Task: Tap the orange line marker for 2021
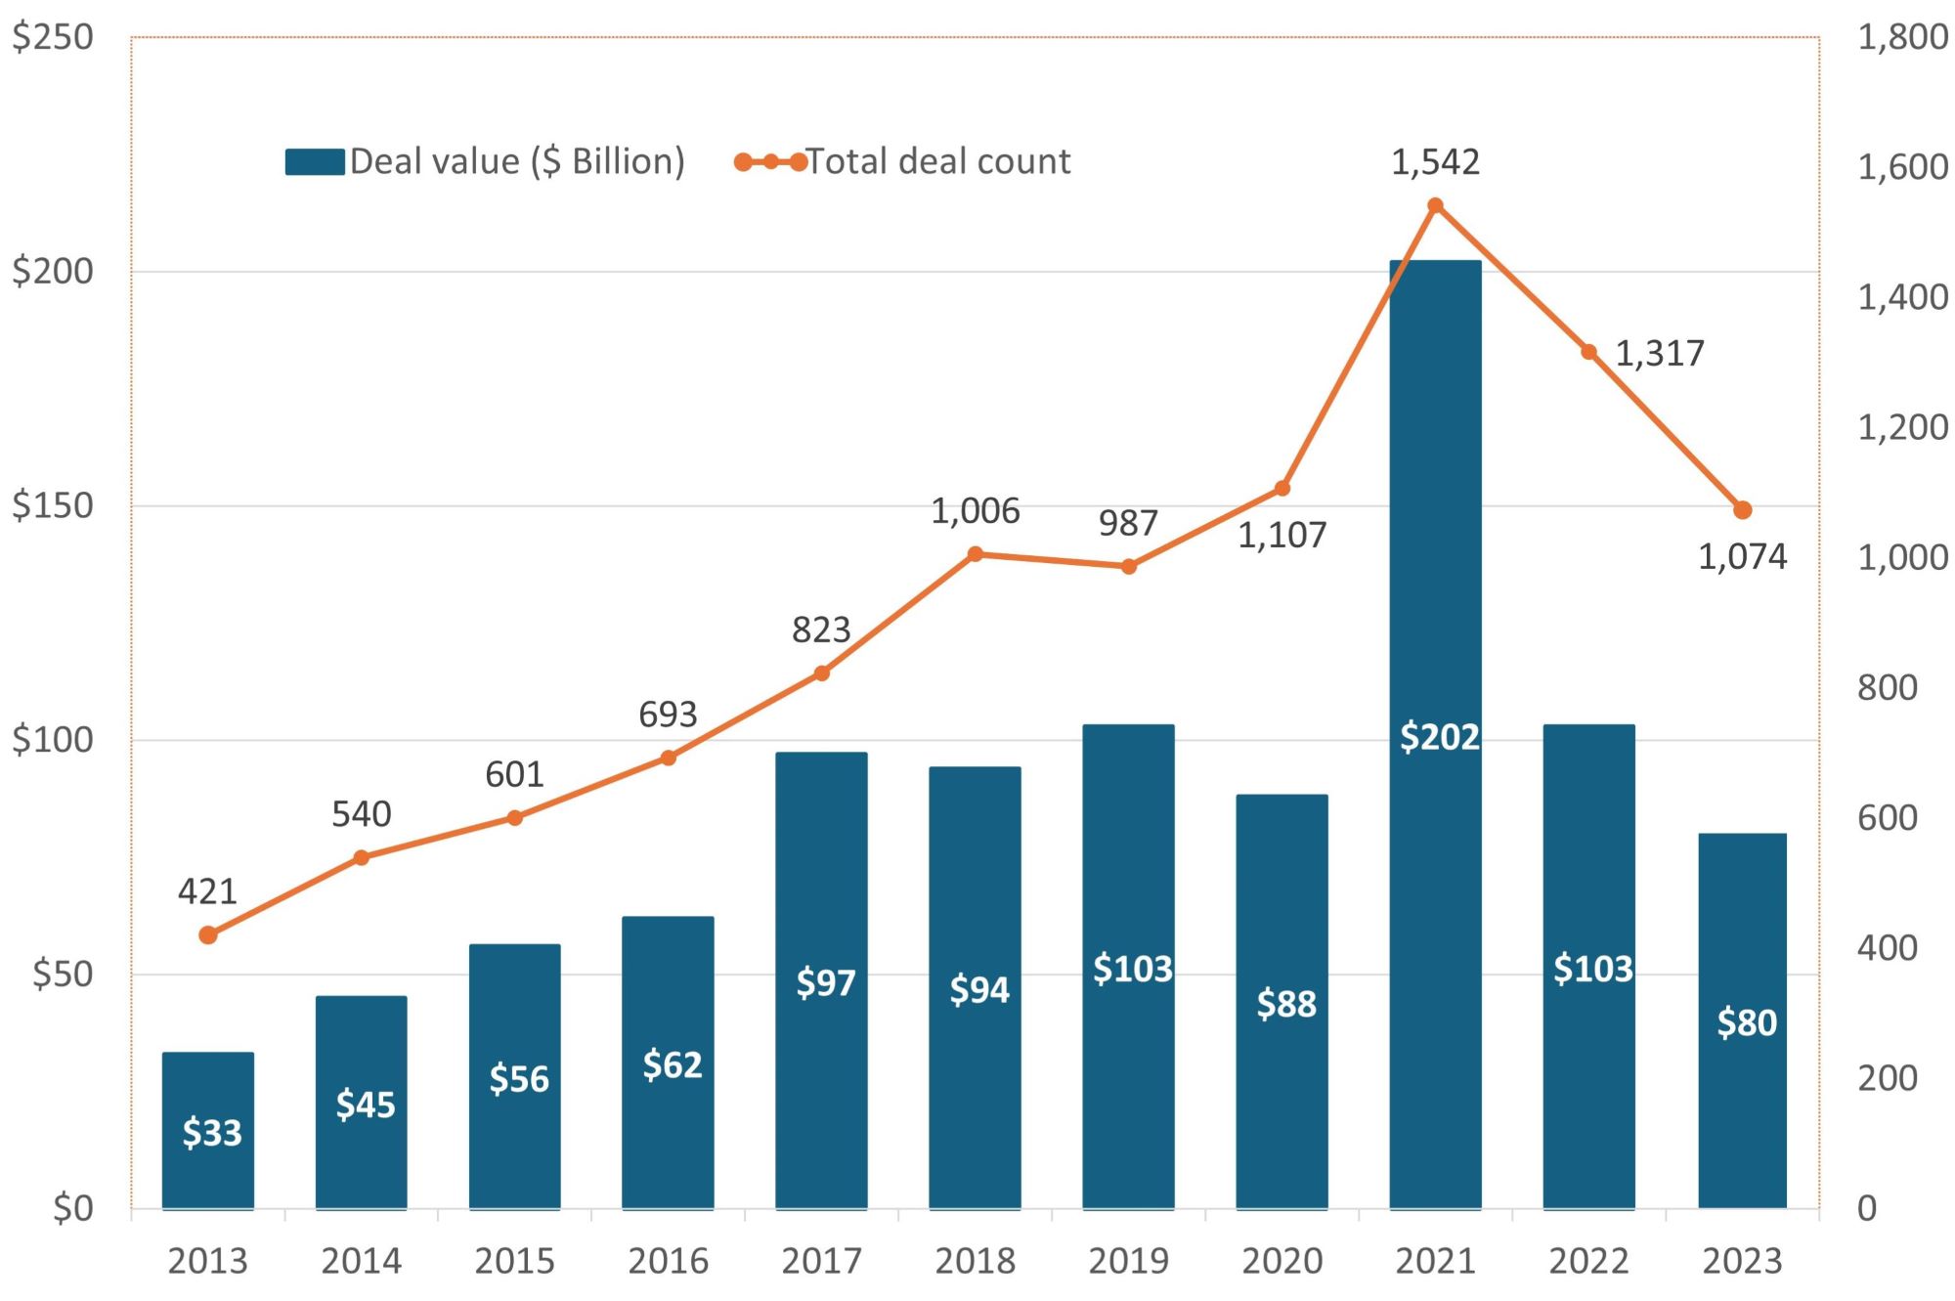(x=1435, y=205)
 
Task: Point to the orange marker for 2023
(x=1742, y=510)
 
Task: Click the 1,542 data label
(x=1435, y=162)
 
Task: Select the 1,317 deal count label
(x=1659, y=353)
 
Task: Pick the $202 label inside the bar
(x=1439, y=736)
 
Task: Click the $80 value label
(x=1746, y=1022)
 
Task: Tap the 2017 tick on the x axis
(x=821, y=1261)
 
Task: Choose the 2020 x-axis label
(x=1282, y=1261)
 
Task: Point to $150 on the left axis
(x=53, y=505)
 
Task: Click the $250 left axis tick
(x=53, y=37)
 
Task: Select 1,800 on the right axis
(x=1901, y=37)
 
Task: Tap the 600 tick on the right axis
(x=1887, y=817)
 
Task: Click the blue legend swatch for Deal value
(x=315, y=161)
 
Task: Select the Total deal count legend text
(x=937, y=161)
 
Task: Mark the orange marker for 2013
(x=208, y=935)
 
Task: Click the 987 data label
(x=1128, y=524)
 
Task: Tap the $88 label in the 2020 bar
(x=1285, y=1004)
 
